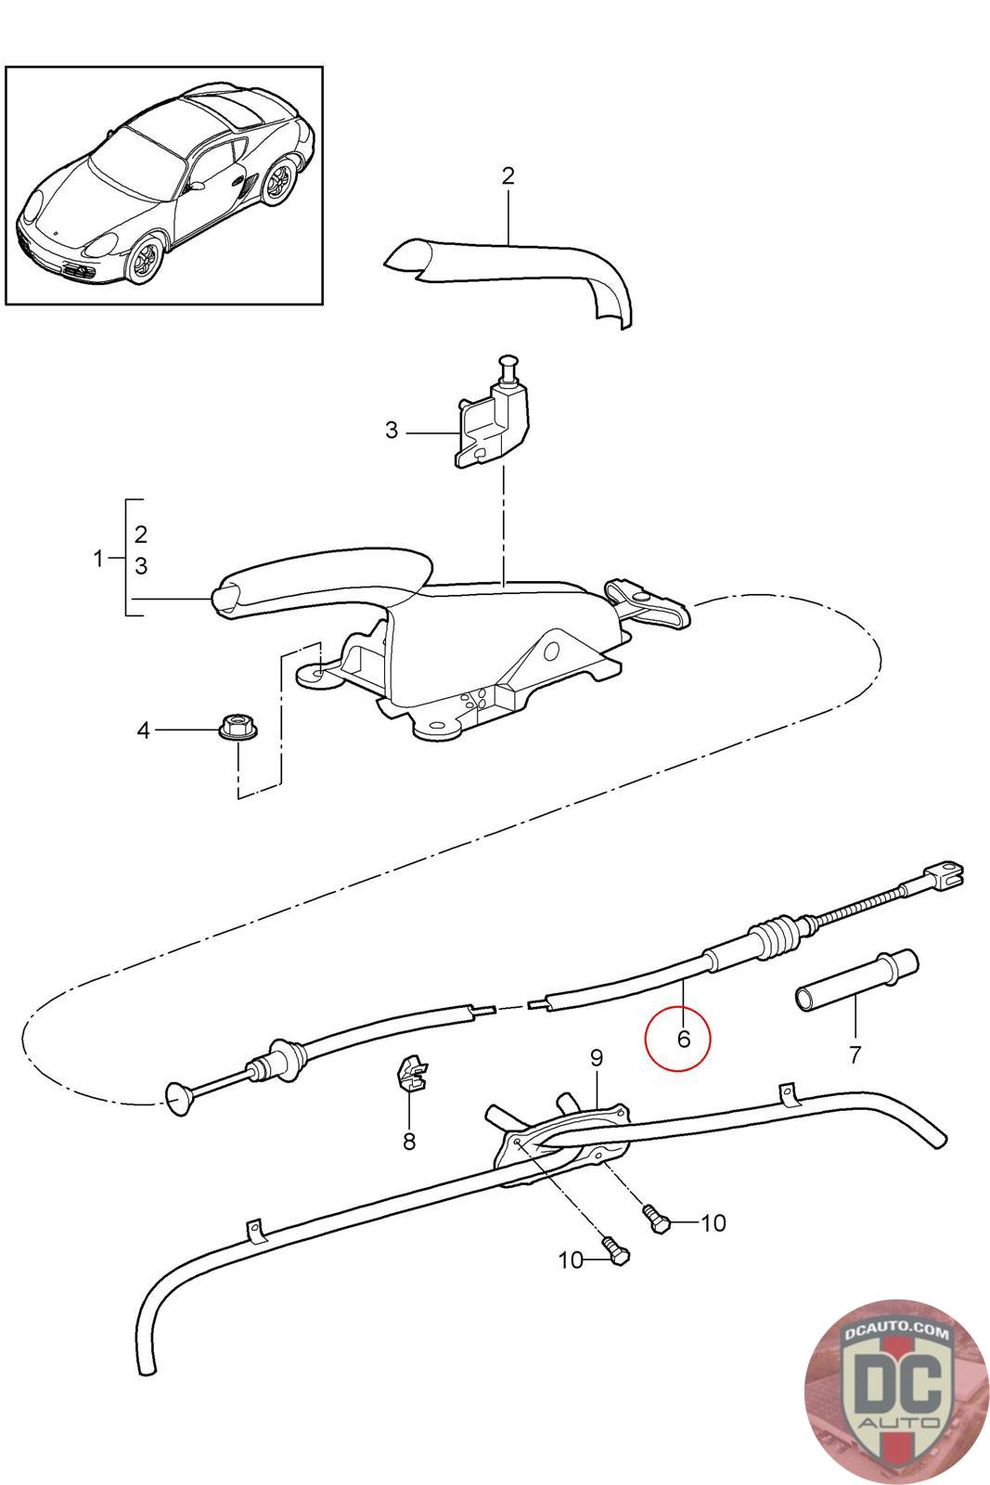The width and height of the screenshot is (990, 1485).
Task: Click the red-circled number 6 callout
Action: (x=684, y=1039)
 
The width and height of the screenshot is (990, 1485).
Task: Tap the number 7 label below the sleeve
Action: (x=855, y=1053)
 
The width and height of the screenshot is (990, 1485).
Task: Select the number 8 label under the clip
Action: (x=409, y=1141)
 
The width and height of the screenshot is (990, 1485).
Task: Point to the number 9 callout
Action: (x=596, y=1057)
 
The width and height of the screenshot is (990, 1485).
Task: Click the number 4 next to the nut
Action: (x=143, y=730)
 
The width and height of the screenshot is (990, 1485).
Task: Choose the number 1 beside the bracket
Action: (x=99, y=559)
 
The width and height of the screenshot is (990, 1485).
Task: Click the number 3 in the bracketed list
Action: (x=141, y=565)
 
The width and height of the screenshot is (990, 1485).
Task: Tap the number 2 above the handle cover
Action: (x=508, y=175)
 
